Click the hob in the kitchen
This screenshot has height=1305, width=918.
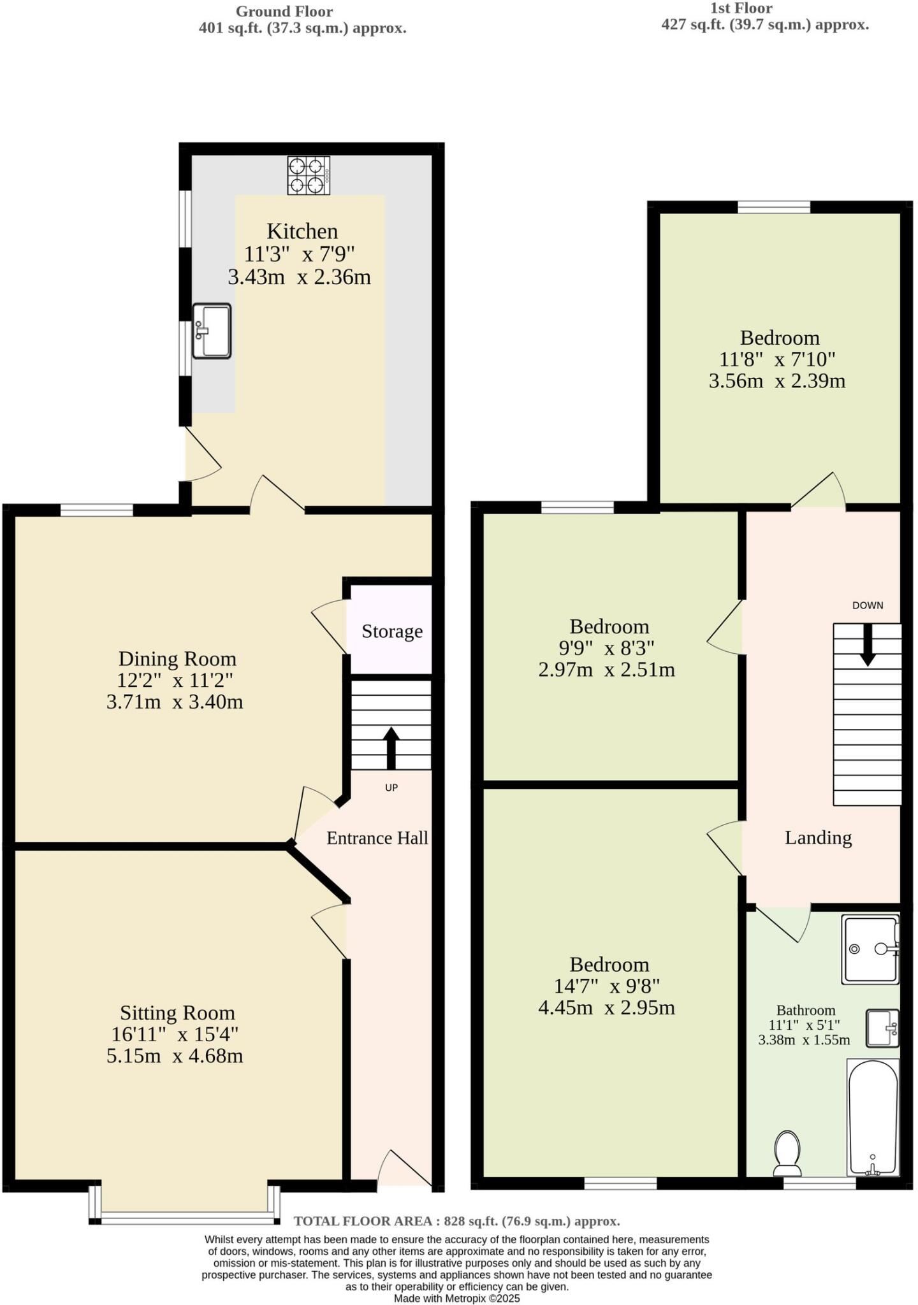(x=309, y=175)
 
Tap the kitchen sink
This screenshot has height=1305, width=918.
(x=212, y=331)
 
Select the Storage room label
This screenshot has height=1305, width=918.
(x=392, y=631)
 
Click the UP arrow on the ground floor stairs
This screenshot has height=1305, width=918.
(x=391, y=748)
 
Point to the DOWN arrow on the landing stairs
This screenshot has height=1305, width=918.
(x=867, y=645)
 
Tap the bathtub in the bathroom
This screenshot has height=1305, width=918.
(x=873, y=1116)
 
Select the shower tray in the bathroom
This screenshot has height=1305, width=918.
(x=870, y=949)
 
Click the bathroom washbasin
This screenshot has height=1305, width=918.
(x=883, y=1028)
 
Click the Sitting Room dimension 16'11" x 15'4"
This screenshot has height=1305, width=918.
(x=175, y=1034)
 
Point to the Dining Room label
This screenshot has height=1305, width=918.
(x=177, y=658)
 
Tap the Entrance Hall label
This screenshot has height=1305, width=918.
(x=377, y=838)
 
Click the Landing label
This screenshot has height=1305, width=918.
(x=818, y=837)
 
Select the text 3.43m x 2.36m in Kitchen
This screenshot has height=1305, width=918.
(x=299, y=277)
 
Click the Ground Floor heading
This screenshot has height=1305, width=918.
(x=284, y=11)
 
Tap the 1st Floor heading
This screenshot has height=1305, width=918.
(x=741, y=8)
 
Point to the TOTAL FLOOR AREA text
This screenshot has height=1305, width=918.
(x=456, y=1221)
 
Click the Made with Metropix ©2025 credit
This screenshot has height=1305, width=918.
(x=456, y=1298)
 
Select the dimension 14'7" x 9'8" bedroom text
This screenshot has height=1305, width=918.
(x=607, y=986)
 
